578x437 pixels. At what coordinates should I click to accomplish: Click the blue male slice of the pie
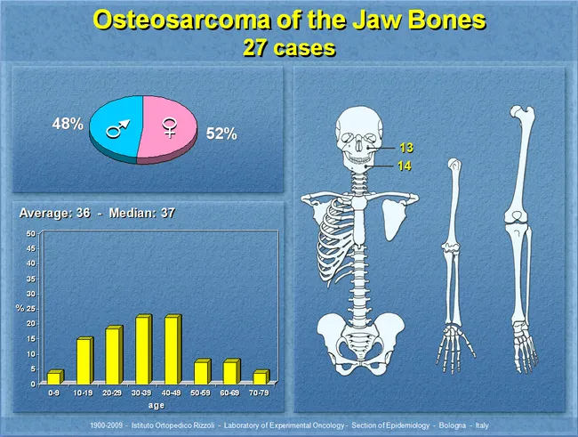114,131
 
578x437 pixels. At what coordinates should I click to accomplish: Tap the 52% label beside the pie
221,134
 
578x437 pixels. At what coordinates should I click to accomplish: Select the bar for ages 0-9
54,377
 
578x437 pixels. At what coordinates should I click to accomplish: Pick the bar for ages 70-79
259,377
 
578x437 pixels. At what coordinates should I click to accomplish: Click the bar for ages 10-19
84,360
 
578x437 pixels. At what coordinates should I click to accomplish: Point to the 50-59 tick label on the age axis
201,392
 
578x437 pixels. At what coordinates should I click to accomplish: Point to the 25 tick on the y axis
30,308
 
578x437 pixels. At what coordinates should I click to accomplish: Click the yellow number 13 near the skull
406,148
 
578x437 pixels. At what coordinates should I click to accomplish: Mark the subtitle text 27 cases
289,48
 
